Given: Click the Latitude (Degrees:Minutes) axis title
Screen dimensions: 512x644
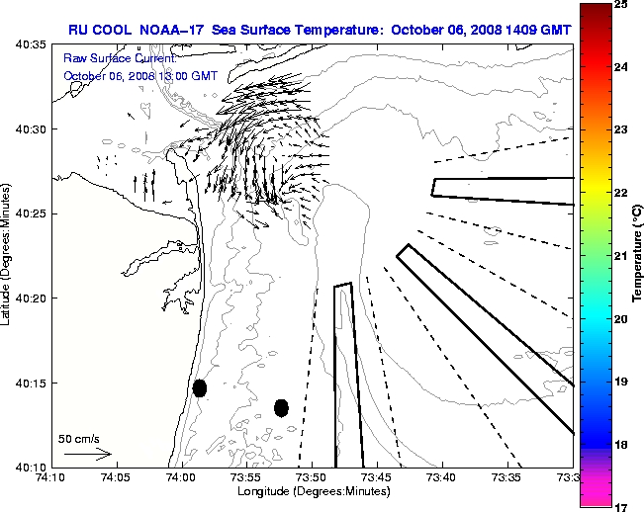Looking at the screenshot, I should coord(8,255).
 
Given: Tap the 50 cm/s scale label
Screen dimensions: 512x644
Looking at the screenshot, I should coord(79,438).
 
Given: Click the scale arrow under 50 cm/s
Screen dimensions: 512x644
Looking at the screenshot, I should coord(87,455).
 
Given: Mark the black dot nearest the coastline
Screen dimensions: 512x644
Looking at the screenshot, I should coord(200,387).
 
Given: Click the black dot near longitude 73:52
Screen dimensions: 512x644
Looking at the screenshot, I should coord(281,407).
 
